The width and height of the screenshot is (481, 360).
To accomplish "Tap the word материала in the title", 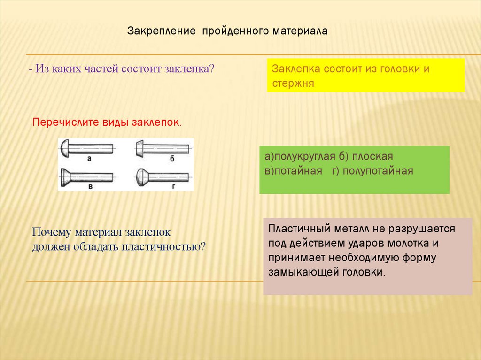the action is pos(301,31).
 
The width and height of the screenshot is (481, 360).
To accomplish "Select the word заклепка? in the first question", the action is pos(190,68).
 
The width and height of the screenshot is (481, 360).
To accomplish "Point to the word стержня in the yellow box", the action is pos(293,84).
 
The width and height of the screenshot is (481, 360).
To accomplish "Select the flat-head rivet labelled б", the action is pos(163,148).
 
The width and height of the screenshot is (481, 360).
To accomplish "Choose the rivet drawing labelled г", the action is pos(163,177).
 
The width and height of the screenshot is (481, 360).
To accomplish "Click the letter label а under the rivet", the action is pos(89,159).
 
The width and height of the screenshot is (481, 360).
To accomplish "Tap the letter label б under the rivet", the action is pos(172,159).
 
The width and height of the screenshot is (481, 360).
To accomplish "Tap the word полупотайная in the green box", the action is pos(378,170).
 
